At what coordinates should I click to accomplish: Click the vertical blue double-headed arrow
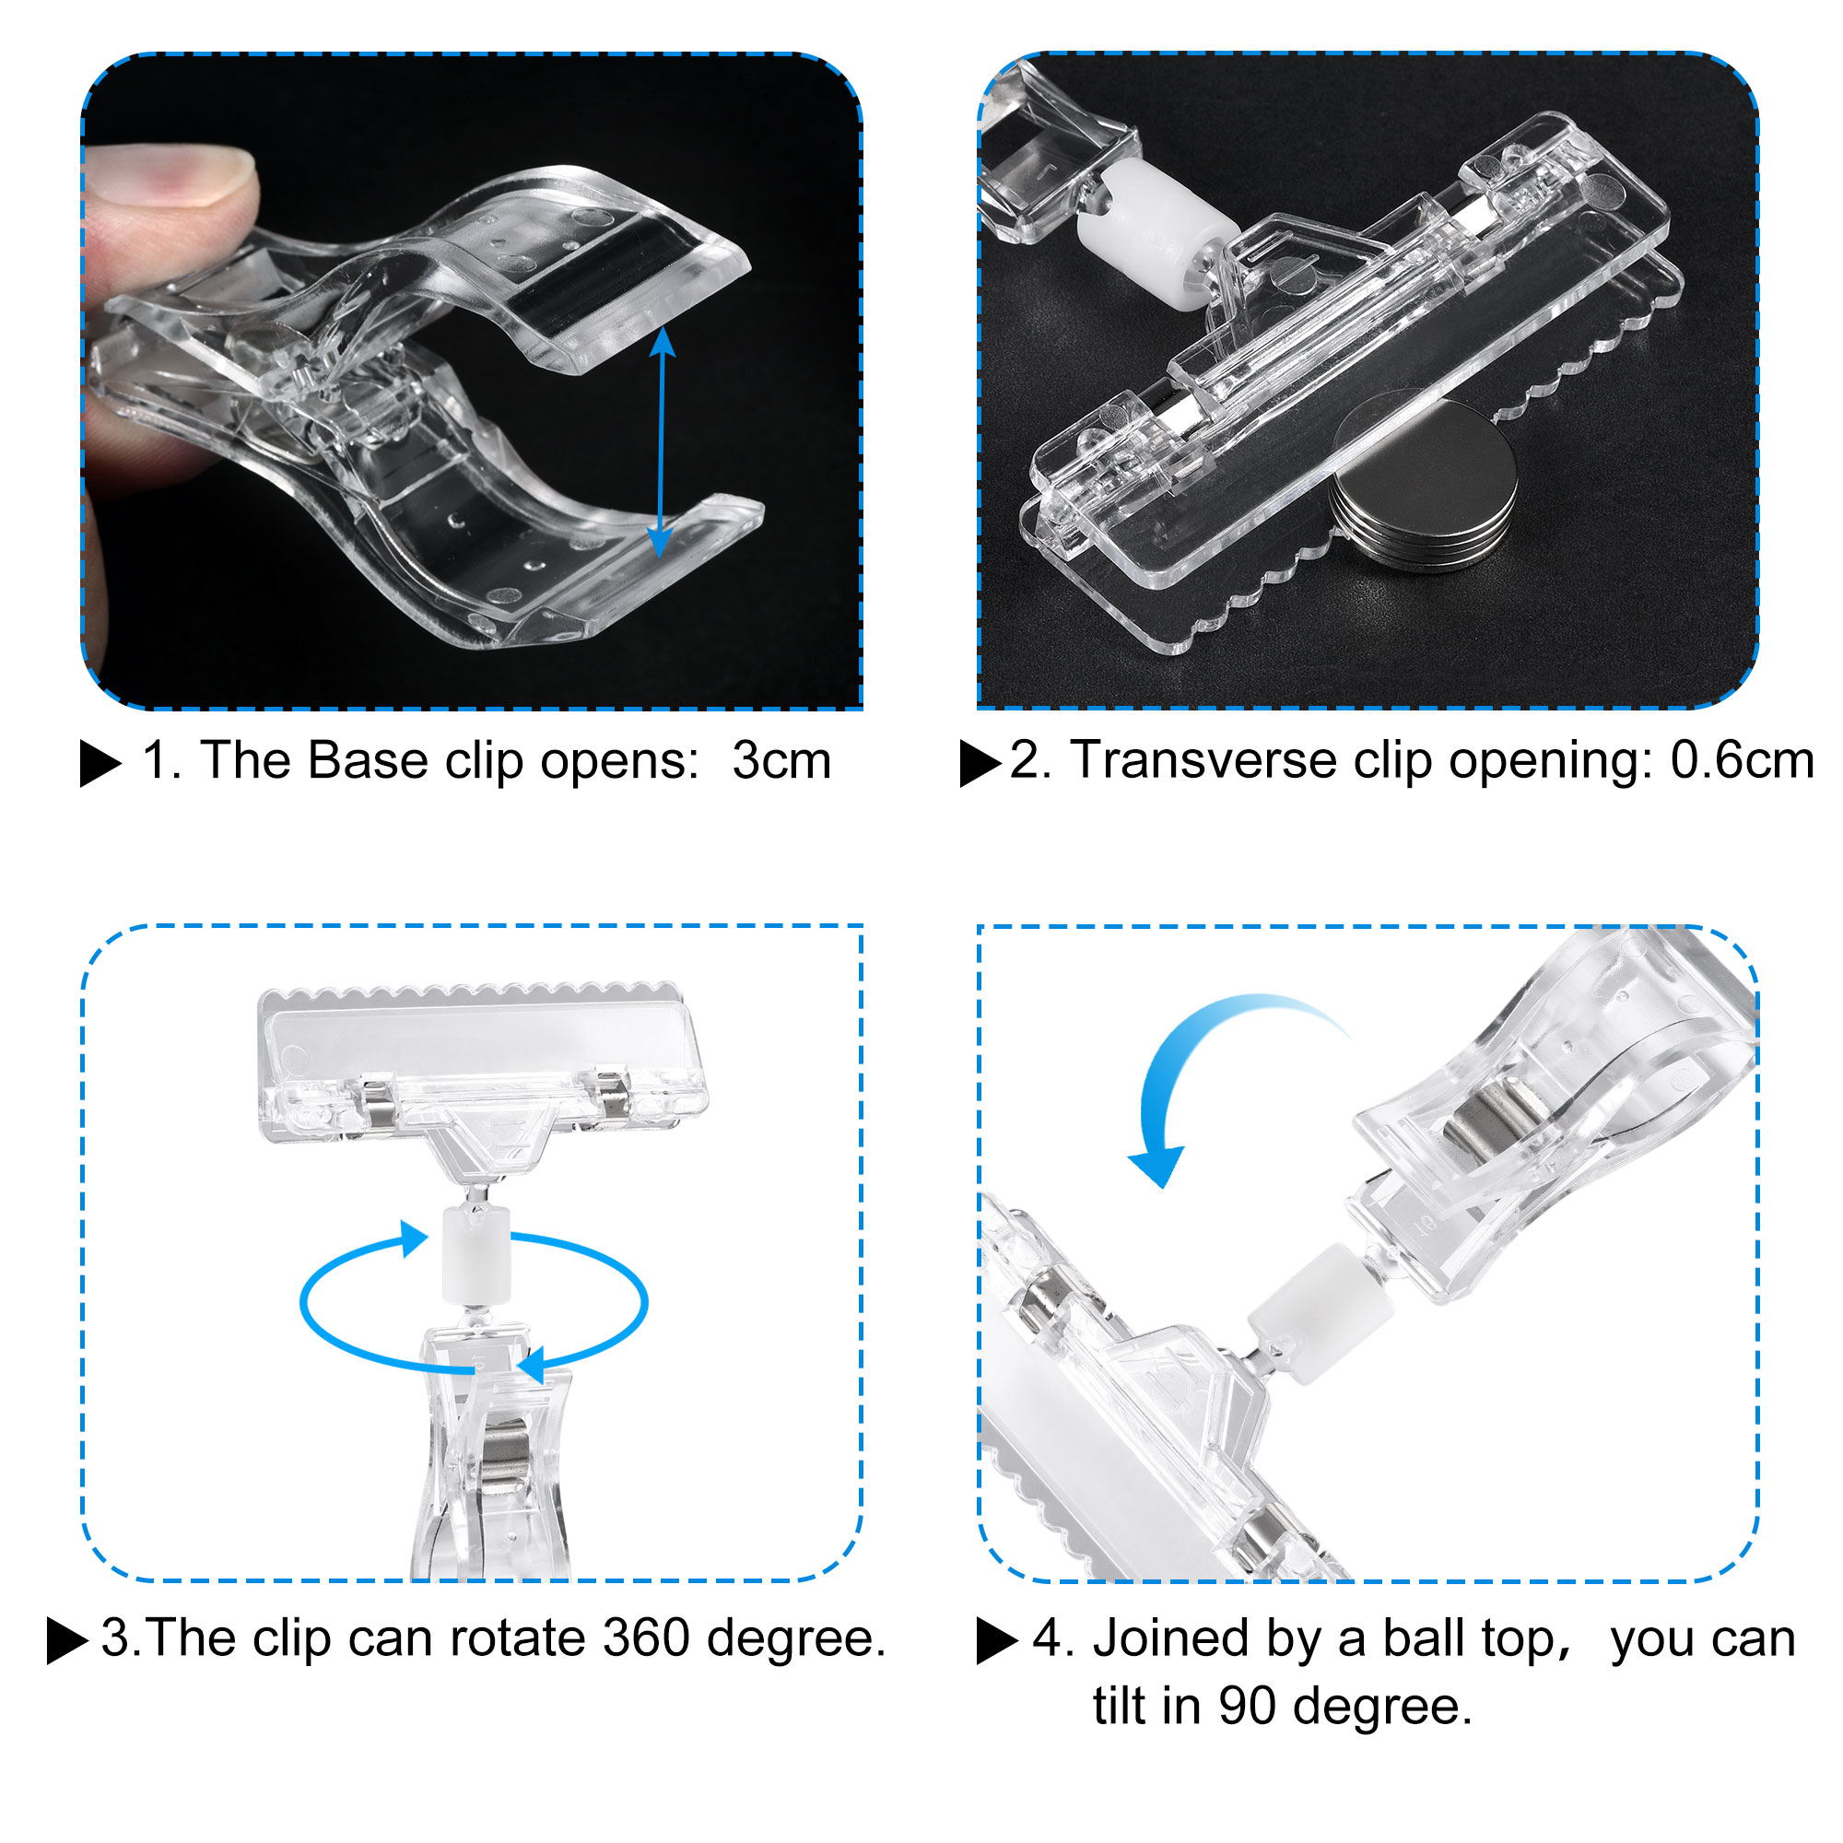pyautogui.click(x=662, y=442)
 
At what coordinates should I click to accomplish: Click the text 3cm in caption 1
pyautogui.click(x=781, y=761)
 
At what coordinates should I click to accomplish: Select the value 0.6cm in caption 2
pyautogui.click(x=1742, y=760)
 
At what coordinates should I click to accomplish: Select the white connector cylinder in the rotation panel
pyautogui.click(x=476, y=1253)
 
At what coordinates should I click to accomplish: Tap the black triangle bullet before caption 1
pyautogui.click(x=101, y=763)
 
